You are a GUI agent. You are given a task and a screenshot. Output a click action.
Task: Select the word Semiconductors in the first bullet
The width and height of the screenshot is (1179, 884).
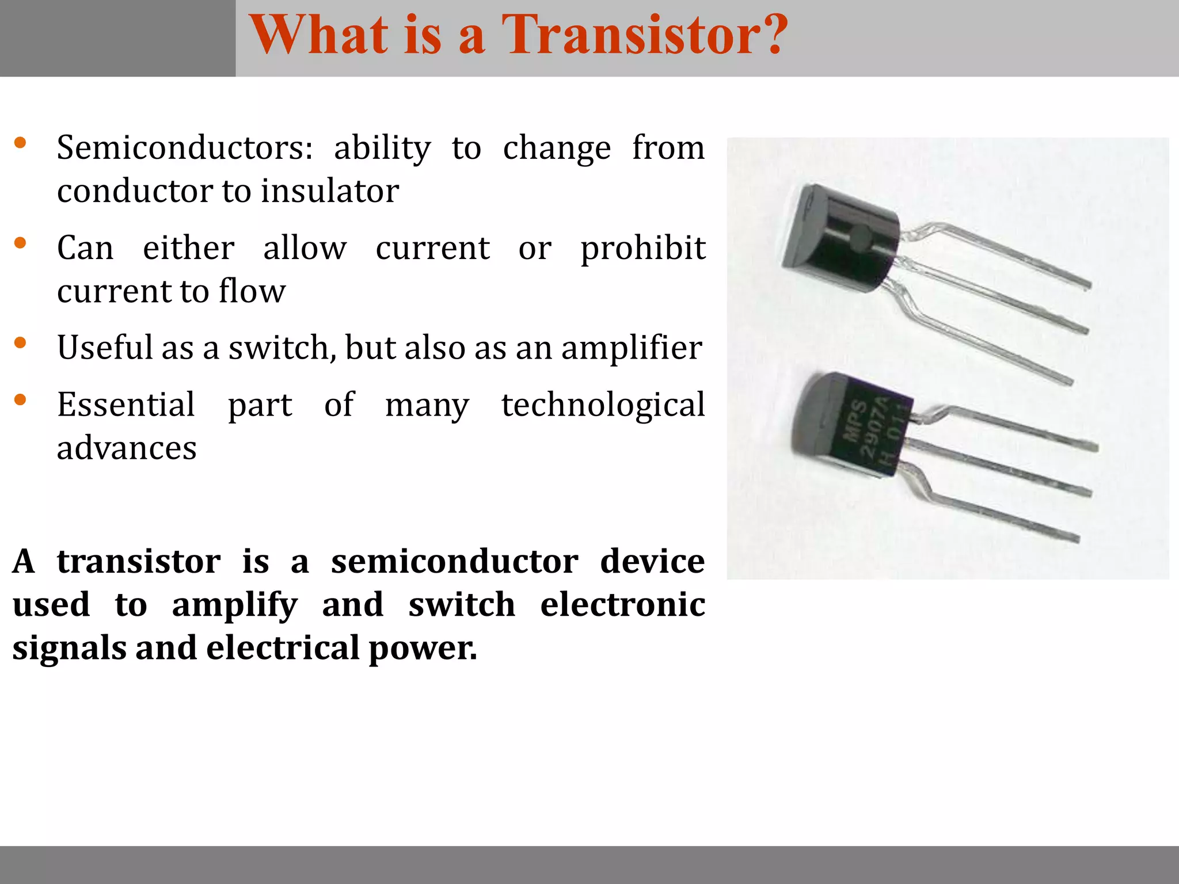pos(185,148)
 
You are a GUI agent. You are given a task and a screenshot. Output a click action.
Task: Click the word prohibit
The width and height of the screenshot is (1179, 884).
pos(642,248)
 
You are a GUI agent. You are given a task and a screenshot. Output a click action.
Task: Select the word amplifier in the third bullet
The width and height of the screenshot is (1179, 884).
pos(632,348)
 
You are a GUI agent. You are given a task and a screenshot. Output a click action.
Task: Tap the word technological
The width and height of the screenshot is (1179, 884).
pos(603,405)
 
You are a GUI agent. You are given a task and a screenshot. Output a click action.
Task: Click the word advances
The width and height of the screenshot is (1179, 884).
pos(127,448)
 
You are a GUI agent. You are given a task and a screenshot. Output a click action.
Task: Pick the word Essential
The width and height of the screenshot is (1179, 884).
pos(126,405)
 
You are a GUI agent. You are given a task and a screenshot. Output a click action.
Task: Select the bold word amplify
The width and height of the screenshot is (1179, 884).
pos(235,605)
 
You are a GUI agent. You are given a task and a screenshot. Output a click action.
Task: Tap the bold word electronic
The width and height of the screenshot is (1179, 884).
pos(622,605)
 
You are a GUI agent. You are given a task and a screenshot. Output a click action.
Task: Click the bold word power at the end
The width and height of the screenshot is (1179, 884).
pos(421,649)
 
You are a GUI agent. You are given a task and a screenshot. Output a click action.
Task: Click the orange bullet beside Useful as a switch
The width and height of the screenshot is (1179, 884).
pos(20,344)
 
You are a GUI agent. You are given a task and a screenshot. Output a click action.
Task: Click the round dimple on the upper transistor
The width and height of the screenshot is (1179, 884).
pos(861,235)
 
